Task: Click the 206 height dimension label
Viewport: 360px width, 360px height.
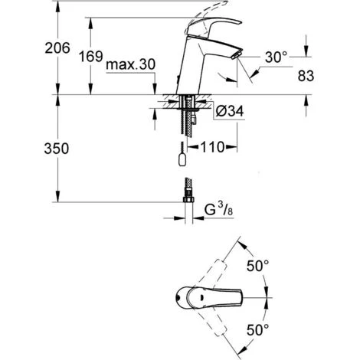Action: [57, 48]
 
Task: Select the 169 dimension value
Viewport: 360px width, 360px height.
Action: [91, 57]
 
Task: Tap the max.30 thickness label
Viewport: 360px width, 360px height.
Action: [130, 64]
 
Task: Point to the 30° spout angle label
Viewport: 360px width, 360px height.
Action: [276, 57]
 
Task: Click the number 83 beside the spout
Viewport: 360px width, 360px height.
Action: [306, 76]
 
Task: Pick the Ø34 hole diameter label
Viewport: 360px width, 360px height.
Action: [230, 111]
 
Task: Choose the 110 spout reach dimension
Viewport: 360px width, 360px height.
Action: [213, 147]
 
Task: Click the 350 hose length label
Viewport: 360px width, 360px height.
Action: [57, 149]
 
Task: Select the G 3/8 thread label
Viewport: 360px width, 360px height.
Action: [219, 210]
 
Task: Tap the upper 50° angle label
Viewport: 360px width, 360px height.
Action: [258, 266]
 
